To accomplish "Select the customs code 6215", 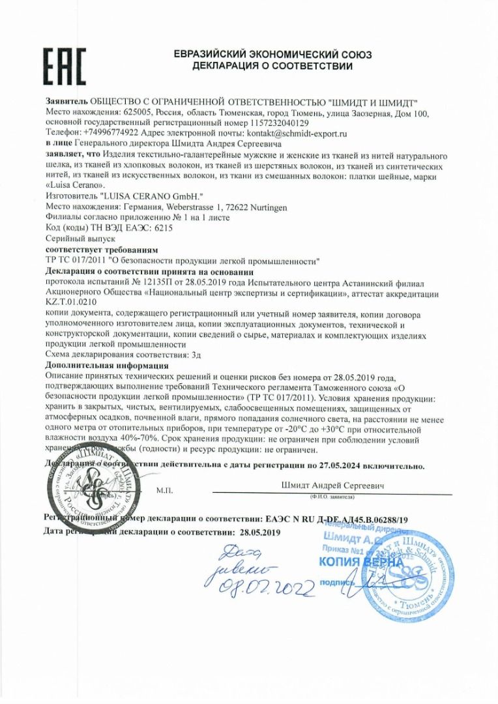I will (x=163, y=227).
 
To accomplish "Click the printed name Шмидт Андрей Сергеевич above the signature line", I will (x=332, y=486).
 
